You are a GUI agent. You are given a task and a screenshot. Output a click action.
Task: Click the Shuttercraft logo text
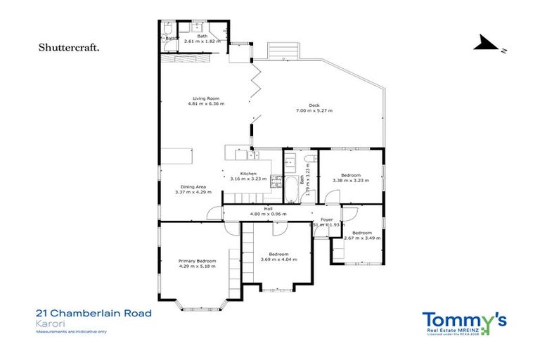[68, 48]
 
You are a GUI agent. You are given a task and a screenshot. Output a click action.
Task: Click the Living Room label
[206, 98]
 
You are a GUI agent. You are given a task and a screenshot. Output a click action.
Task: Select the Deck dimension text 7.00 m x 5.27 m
[314, 110]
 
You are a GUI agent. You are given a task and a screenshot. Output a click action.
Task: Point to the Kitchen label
[248, 173]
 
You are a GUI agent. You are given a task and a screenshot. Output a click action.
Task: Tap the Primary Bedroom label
[197, 261]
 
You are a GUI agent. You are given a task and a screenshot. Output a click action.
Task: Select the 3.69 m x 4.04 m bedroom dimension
[278, 259]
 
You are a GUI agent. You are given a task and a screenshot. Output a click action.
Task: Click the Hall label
[268, 209]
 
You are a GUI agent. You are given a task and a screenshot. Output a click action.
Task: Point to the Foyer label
[327, 219]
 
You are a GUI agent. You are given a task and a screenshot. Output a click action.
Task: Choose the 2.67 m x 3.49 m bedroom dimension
[361, 238]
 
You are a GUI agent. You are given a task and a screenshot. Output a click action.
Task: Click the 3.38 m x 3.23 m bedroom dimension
[351, 181]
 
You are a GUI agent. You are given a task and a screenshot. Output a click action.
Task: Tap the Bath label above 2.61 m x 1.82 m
[202, 35]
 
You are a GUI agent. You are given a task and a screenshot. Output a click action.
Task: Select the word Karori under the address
[47, 323]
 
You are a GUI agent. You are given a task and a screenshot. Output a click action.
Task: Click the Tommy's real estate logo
[463, 322]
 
